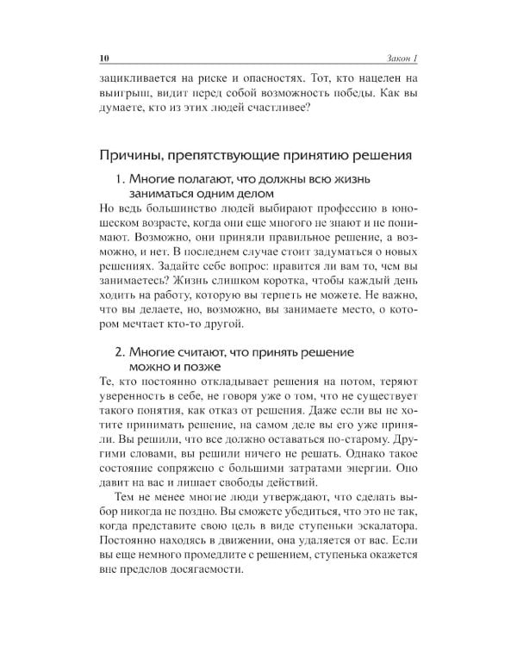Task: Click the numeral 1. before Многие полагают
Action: [x=121, y=179]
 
